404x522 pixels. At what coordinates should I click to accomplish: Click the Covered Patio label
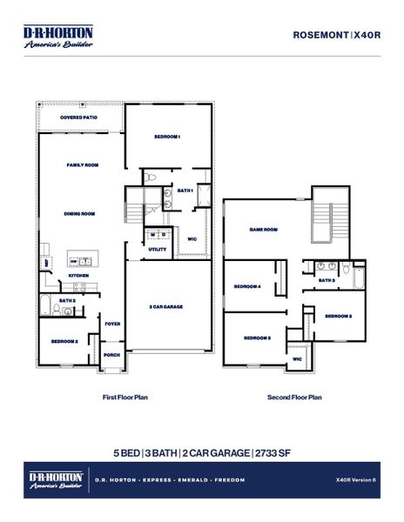[78, 117]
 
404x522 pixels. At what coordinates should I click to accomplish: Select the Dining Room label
[79, 213]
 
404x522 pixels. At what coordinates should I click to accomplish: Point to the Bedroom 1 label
[167, 137]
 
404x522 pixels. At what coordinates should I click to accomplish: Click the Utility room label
[158, 249]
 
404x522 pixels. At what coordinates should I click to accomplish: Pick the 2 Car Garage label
[164, 306]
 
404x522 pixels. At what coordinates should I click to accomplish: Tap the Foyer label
[112, 324]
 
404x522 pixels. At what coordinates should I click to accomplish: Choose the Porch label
[111, 354]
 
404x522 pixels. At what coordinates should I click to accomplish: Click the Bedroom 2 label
[64, 341]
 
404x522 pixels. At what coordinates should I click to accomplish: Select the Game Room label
[263, 230]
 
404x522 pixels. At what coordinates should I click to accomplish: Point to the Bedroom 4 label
[247, 286]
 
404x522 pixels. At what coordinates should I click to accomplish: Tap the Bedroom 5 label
[257, 338]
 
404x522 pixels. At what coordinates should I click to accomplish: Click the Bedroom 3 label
[338, 316]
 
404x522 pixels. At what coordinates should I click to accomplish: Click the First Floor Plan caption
[125, 397]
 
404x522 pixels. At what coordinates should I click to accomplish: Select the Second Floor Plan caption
[294, 397]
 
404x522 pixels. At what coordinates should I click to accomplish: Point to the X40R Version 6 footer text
[354, 479]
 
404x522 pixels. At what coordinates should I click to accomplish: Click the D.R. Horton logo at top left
[57, 36]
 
